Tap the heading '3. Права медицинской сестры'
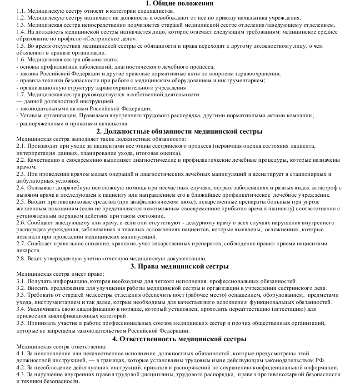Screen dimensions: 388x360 pos(180,266)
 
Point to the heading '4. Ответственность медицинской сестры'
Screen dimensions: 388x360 pos(180,339)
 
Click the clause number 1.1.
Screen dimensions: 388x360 pos(20,10)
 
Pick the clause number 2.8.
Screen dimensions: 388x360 pos(20,259)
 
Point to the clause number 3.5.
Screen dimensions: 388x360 pos(20,323)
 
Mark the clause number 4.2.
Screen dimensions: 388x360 pos(20,367)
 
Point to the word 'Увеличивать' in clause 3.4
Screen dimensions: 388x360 pos(47,309)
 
